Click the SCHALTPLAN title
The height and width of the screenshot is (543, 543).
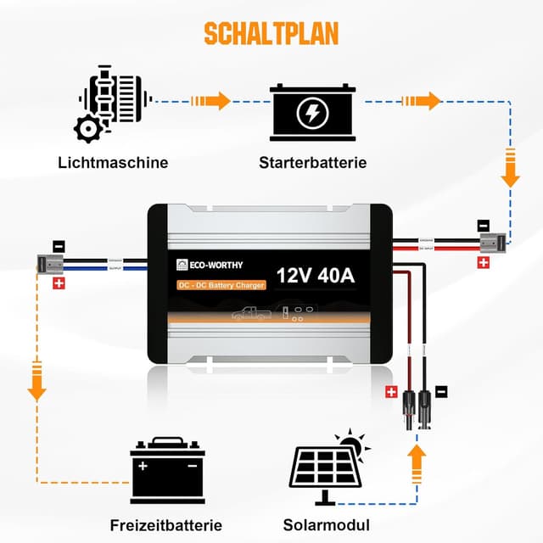click(x=271, y=33)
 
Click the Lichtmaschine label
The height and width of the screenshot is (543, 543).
click(x=113, y=162)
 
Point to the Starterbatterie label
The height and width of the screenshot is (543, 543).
click(x=313, y=162)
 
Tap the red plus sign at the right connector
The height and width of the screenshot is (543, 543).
click(x=484, y=264)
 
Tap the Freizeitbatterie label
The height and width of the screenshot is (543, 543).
click(x=166, y=524)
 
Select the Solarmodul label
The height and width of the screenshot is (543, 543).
click(x=327, y=524)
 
